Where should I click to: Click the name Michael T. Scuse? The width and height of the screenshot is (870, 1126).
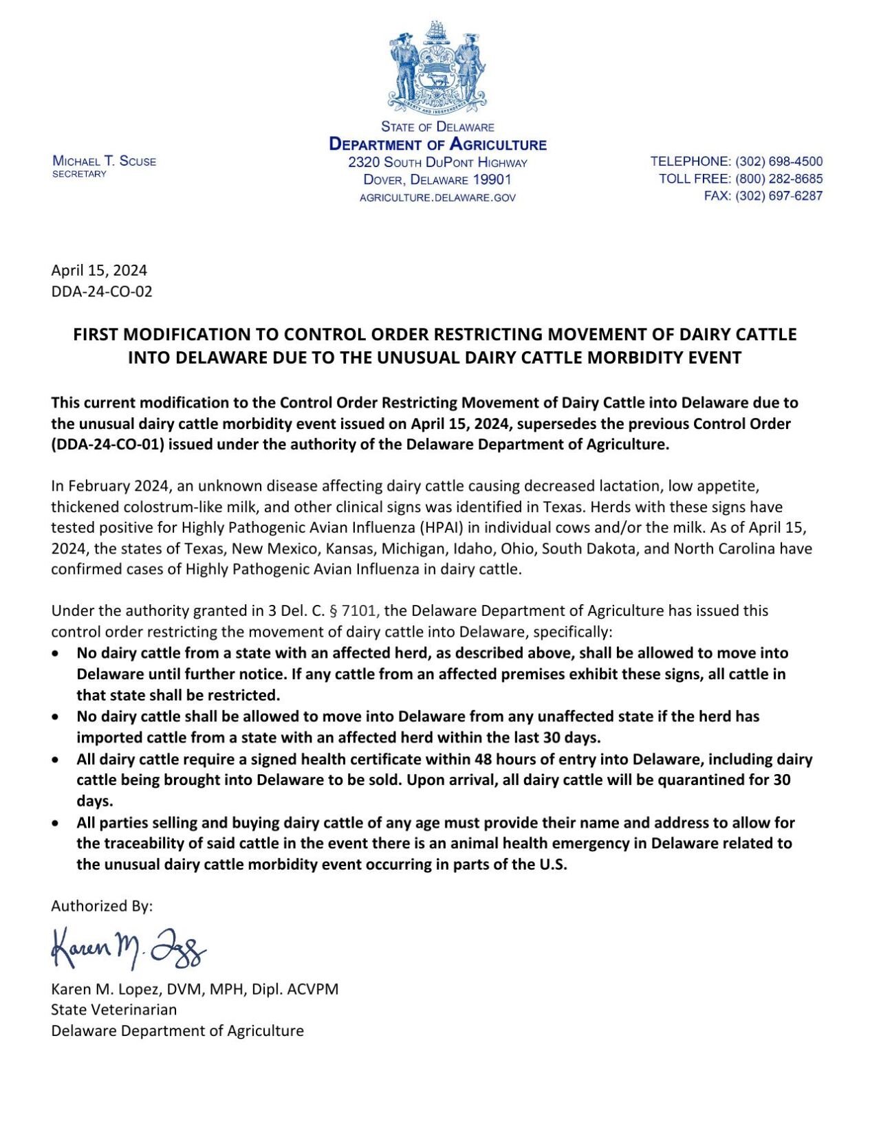pos(105,162)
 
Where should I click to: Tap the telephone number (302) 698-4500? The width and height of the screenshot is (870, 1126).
pos(779,162)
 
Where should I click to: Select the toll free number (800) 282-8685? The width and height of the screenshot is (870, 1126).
pos(779,179)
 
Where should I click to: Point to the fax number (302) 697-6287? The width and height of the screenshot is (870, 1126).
pos(779,196)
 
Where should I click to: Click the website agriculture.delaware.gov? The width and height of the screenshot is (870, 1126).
pos(437,198)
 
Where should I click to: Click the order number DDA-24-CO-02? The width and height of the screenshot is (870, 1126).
pos(102,291)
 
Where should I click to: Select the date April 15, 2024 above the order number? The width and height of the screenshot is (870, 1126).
pos(99,270)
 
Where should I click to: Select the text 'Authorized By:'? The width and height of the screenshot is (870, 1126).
pos(102,906)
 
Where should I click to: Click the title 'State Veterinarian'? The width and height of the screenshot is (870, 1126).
pos(114,1010)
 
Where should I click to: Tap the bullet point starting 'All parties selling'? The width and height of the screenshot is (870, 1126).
pos(55,823)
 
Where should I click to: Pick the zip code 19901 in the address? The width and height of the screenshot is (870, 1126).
pos(490,180)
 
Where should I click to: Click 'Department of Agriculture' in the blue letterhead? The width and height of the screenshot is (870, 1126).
pos(437,144)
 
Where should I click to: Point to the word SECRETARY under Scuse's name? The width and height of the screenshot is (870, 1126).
pos(80,174)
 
